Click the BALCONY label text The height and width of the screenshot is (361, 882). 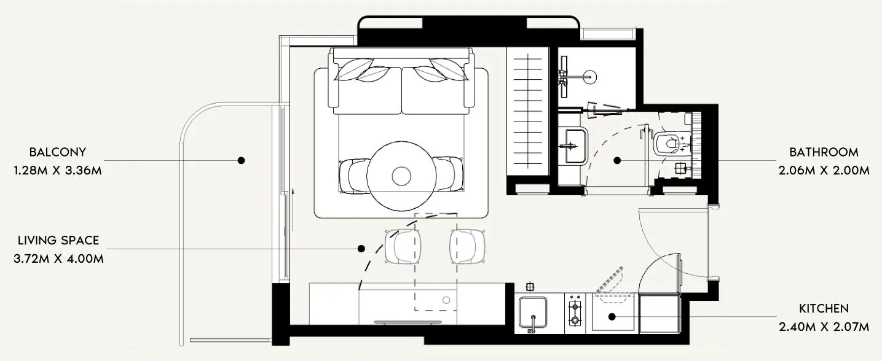tap(57, 152)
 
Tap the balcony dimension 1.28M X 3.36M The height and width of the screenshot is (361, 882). tap(57, 170)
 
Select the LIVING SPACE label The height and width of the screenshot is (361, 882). tap(58, 240)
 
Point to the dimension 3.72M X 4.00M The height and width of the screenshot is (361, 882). tap(58, 258)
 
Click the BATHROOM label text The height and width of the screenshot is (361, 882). tap(824, 152)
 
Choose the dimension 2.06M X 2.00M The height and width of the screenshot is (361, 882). tap(824, 170)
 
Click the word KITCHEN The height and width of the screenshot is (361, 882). tap(824, 308)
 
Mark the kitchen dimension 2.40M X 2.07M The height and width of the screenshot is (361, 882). tap(824, 327)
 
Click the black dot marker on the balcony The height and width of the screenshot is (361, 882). tap(242, 160)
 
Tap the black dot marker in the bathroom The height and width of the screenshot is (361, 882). tap(617, 160)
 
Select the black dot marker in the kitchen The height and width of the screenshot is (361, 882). tap(612, 317)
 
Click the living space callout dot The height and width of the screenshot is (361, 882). tap(361, 249)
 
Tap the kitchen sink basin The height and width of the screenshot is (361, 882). tap(534, 313)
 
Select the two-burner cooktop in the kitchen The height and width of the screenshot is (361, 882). tap(575, 312)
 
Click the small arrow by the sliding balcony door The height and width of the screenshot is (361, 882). tap(294, 200)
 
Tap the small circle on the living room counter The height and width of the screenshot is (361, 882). tap(447, 300)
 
